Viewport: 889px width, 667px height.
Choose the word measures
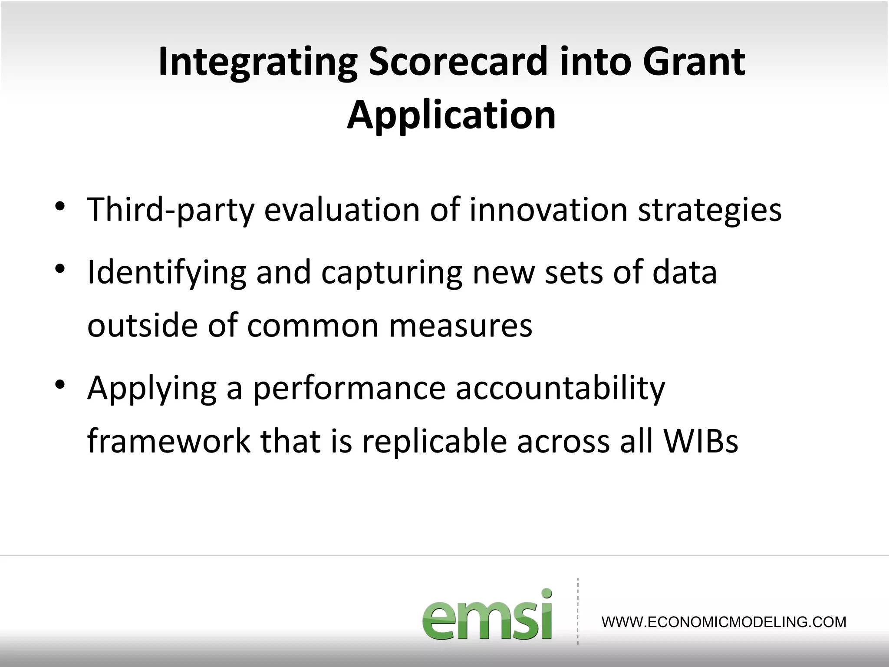pos(461,326)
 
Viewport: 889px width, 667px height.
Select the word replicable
pos(435,441)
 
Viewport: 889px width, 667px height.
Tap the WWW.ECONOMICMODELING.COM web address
pos(724,622)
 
